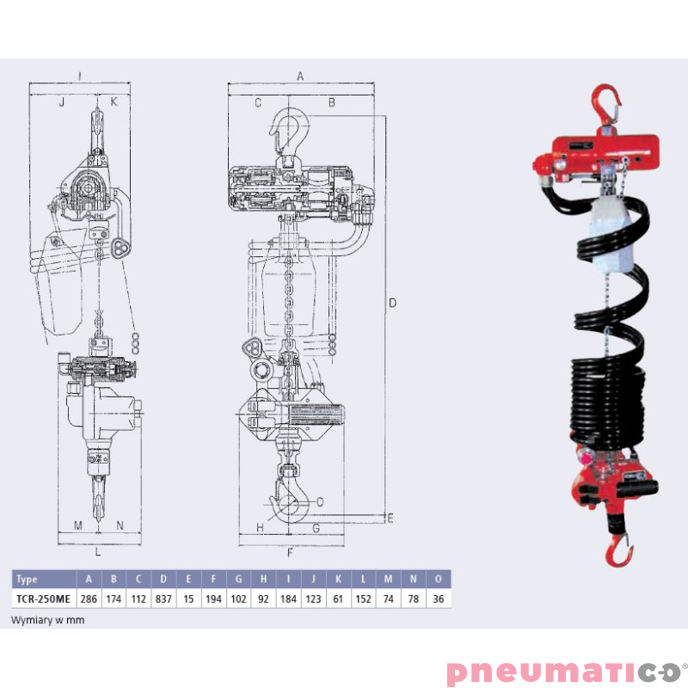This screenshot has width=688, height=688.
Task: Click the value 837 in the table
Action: pos(163,599)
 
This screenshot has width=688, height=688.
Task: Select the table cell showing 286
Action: pos(89,599)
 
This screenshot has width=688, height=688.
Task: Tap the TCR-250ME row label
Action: pos(43,599)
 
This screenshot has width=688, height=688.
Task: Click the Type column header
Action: pos(27,580)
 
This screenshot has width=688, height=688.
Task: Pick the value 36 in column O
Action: pos(439,599)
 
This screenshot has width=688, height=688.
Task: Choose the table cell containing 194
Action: pos(214,599)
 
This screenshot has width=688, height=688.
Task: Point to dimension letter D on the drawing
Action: pos(392,303)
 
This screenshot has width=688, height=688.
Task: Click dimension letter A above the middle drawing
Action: pos(300,76)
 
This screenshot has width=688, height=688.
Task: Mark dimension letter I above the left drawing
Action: pos(79,76)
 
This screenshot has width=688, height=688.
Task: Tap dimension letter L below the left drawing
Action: pos(98,552)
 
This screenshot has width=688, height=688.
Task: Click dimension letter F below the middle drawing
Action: pos(290,552)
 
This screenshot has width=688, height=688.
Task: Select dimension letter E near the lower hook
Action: pos(390,518)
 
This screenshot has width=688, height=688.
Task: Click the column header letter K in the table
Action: pos(339,580)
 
